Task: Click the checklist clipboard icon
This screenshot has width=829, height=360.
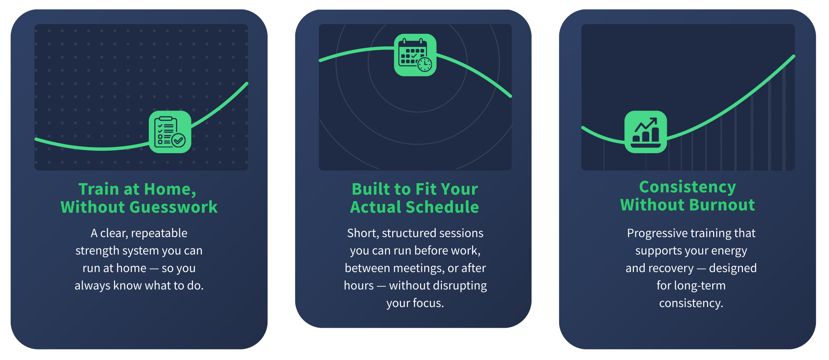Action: (x=170, y=132)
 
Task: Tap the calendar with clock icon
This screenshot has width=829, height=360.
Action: (x=415, y=55)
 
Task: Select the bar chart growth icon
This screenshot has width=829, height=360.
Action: (x=646, y=132)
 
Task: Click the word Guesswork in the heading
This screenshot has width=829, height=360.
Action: (x=173, y=207)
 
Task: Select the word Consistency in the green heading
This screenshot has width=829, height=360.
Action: (x=687, y=187)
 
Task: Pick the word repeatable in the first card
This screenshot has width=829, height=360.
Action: (x=159, y=233)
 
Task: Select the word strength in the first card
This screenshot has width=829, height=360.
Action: (x=97, y=251)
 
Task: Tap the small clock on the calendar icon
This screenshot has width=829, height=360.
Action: (x=425, y=65)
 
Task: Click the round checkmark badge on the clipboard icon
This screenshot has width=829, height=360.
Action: (x=178, y=140)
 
